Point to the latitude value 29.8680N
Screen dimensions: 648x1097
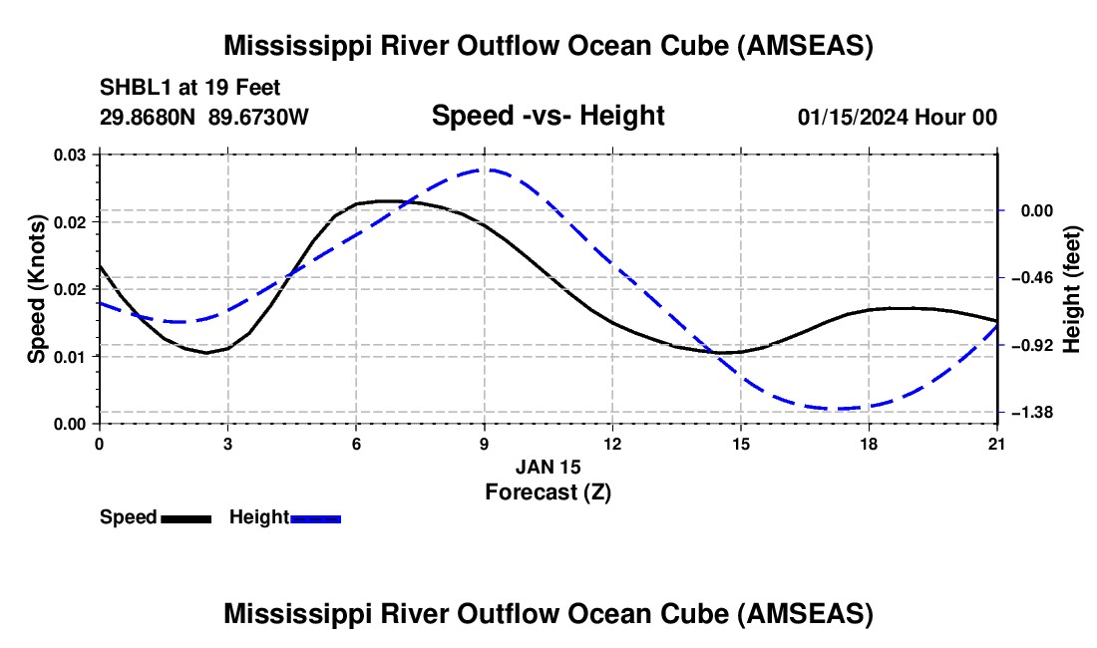pyautogui.click(x=149, y=117)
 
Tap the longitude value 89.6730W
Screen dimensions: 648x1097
pyautogui.click(x=259, y=117)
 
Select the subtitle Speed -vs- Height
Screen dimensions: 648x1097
pyautogui.click(x=548, y=116)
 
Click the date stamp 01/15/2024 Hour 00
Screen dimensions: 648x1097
pyautogui.click(x=897, y=117)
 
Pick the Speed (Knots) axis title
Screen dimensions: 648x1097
pyautogui.click(x=37, y=289)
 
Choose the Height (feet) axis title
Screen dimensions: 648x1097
pyautogui.click(x=1072, y=289)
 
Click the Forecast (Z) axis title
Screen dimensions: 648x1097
pyautogui.click(x=548, y=490)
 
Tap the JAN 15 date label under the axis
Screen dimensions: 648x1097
pyautogui.click(x=548, y=467)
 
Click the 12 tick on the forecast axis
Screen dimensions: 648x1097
pyautogui.click(x=612, y=443)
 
